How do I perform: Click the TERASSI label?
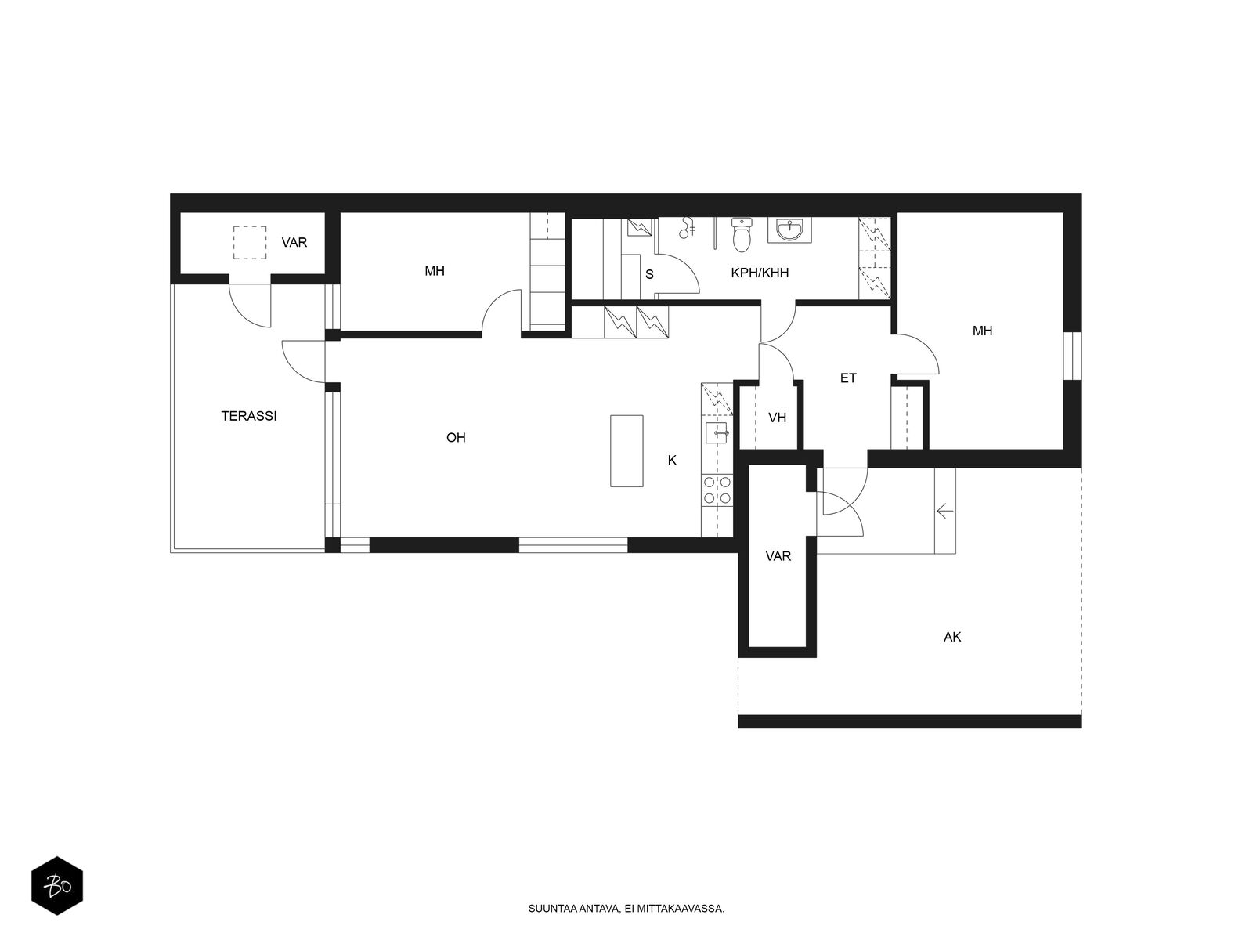click(248, 416)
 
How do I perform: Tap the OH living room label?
click(456, 438)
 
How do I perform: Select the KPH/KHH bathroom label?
click(759, 273)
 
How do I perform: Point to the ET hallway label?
click(847, 378)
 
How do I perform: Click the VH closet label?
click(777, 418)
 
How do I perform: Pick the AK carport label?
click(951, 637)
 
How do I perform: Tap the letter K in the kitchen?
click(672, 460)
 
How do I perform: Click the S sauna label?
click(649, 274)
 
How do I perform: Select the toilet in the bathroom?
click(742, 234)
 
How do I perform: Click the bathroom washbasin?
click(789, 230)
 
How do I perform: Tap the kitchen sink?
click(717, 433)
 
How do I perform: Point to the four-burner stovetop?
click(717, 490)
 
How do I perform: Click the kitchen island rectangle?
click(626, 451)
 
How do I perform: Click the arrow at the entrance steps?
click(944, 510)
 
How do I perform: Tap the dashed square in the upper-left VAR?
click(250, 243)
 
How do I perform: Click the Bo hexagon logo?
click(57, 887)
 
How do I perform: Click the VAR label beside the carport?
click(778, 556)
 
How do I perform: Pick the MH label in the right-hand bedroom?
click(982, 331)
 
